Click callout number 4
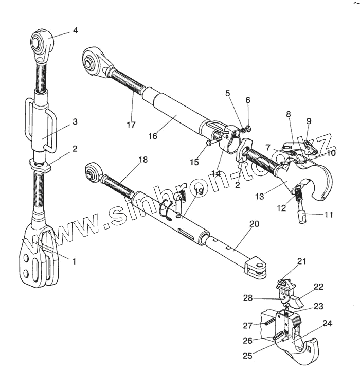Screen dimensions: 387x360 75,30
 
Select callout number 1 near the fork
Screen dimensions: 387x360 74,261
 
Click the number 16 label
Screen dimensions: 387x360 152,136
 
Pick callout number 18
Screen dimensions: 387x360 143,160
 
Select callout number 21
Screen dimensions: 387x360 302,261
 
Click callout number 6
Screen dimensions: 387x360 247,100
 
